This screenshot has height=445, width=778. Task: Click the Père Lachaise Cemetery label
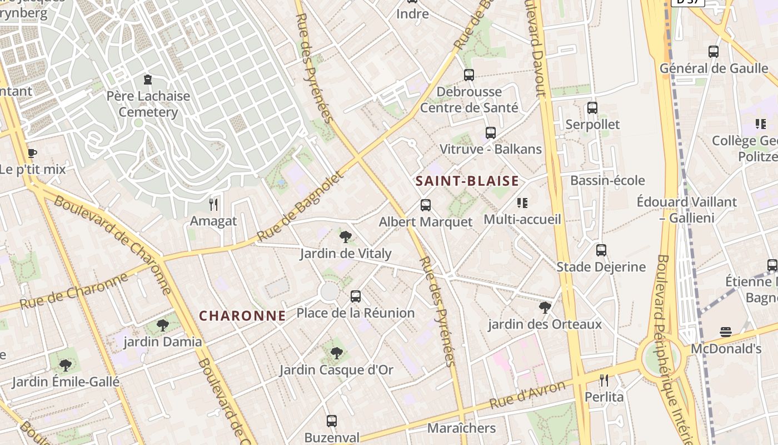pyautogui.click(x=148, y=104)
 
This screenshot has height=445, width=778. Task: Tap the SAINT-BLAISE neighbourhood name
pyautogui.click(x=467, y=181)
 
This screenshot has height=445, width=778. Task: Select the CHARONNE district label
pyautogui.click(x=242, y=316)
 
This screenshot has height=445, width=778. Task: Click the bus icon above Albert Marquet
pyautogui.click(x=426, y=205)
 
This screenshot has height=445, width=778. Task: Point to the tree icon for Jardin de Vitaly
pyautogui.click(x=345, y=237)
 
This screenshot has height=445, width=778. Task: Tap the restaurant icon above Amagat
pyautogui.click(x=213, y=205)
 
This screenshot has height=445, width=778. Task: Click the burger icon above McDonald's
pyautogui.click(x=725, y=332)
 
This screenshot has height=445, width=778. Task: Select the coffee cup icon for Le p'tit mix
pyautogui.click(x=32, y=153)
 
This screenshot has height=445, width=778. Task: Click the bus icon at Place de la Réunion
pyautogui.click(x=356, y=296)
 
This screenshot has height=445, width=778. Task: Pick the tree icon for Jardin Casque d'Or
pyautogui.click(x=336, y=353)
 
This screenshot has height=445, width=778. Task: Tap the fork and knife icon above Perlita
pyautogui.click(x=604, y=380)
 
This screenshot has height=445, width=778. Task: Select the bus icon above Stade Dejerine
pyautogui.click(x=601, y=250)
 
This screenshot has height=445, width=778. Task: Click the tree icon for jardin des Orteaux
pyautogui.click(x=545, y=307)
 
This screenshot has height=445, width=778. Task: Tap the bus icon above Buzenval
pyautogui.click(x=332, y=421)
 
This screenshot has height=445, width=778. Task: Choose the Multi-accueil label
pyautogui.click(x=522, y=219)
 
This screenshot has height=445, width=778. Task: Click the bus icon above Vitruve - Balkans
pyautogui.click(x=490, y=133)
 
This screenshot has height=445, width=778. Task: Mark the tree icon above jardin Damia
pyautogui.click(x=162, y=325)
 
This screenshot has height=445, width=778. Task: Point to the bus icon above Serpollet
pyautogui.click(x=592, y=108)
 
